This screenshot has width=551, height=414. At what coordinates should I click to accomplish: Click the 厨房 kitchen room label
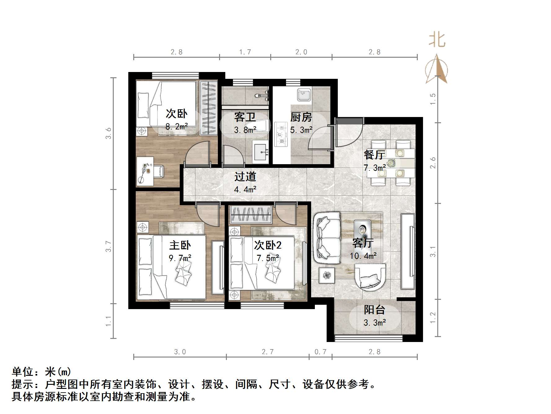click(x=301, y=117)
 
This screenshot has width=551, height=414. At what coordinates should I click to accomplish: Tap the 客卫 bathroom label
click(x=245, y=117)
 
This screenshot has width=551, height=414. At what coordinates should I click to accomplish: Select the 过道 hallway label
click(x=245, y=177)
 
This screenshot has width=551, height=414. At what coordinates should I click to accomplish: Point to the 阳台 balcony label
click(x=374, y=310)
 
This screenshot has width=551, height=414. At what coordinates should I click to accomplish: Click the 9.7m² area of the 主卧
click(x=180, y=258)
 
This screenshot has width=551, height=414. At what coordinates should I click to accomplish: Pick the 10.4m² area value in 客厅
click(x=363, y=256)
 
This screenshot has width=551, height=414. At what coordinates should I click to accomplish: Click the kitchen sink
click(x=304, y=95)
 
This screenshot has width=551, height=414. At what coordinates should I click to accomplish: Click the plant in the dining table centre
click(x=391, y=163)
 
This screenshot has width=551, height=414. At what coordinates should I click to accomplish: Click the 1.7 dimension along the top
click(x=245, y=52)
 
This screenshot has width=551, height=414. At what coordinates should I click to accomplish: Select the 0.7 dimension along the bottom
click(x=320, y=352)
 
